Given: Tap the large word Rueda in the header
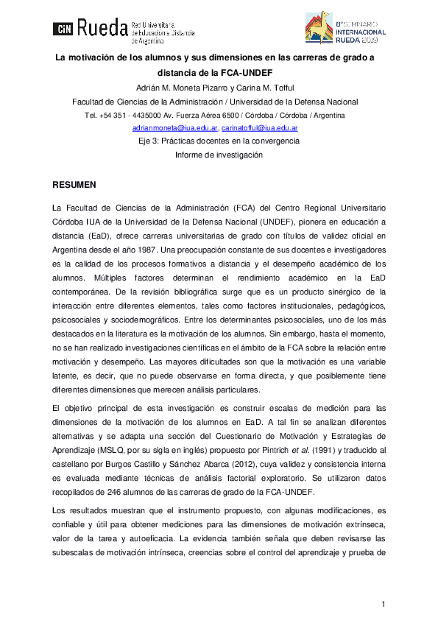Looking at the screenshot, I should tap(101, 28).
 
